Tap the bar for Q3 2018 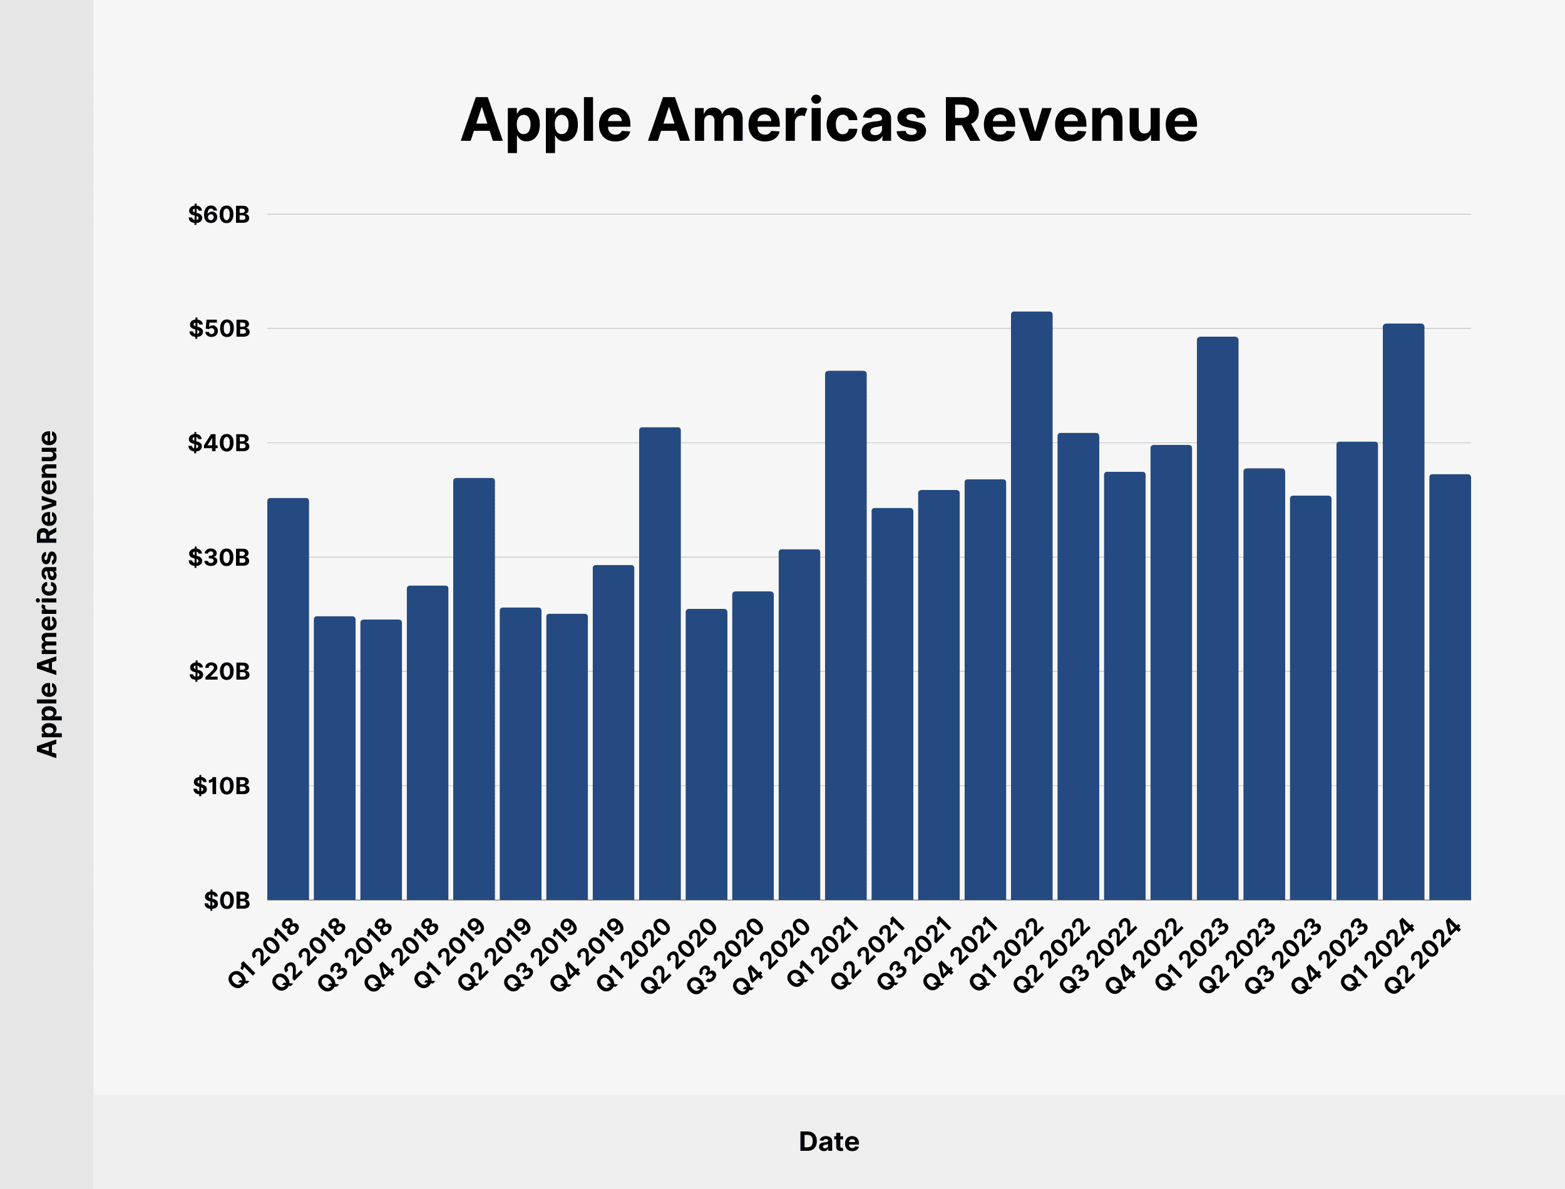[381, 760]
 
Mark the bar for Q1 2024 [1403, 611]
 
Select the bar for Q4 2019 [613, 733]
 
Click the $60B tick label [218, 215]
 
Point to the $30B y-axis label [218, 558]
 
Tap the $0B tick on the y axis [227, 901]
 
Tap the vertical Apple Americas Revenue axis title [47, 594]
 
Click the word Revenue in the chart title [1070, 120]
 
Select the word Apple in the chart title [545, 120]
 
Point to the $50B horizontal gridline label [218, 329]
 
